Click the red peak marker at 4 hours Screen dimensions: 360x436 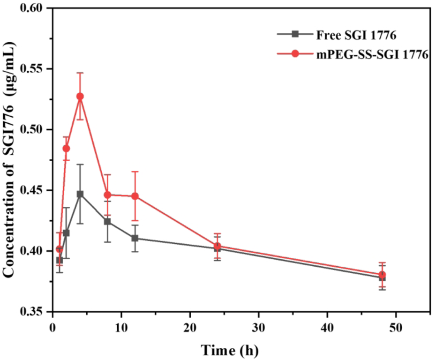(x=80, y=96)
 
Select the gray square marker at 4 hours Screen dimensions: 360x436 (x=80, y=194)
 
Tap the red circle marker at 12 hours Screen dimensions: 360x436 (x=135, y=196)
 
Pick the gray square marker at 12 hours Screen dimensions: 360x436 (x=135, y=238)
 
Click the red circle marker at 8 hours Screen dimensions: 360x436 (x=107, y=195)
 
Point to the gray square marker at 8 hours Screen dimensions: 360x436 (x=107, y=221)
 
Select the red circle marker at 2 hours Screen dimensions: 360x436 (x=66, y=148)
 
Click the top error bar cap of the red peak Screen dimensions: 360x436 (x=80, y=73)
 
